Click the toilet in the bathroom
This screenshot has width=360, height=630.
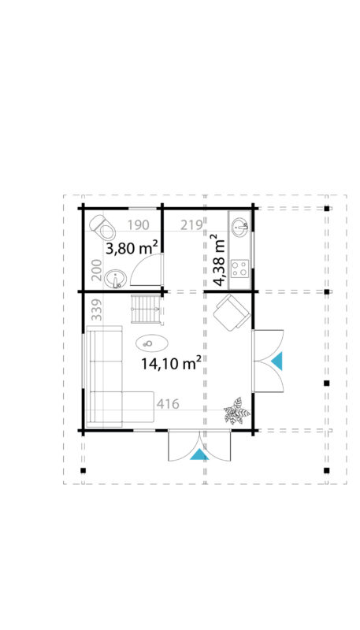coord(103,228)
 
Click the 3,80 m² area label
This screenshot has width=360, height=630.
coord(133,248)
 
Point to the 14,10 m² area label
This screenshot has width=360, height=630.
coord(170,363)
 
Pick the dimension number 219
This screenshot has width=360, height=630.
coord(191,224)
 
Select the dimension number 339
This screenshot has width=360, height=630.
coord(95,311)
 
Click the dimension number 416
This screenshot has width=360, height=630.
coord(169,404)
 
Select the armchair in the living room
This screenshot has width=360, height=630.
coord(233,313)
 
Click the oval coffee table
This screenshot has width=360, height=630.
coord(150,343)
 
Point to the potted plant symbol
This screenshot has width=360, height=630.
coord(235,410)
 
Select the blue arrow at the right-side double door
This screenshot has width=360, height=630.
coord(276,361)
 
